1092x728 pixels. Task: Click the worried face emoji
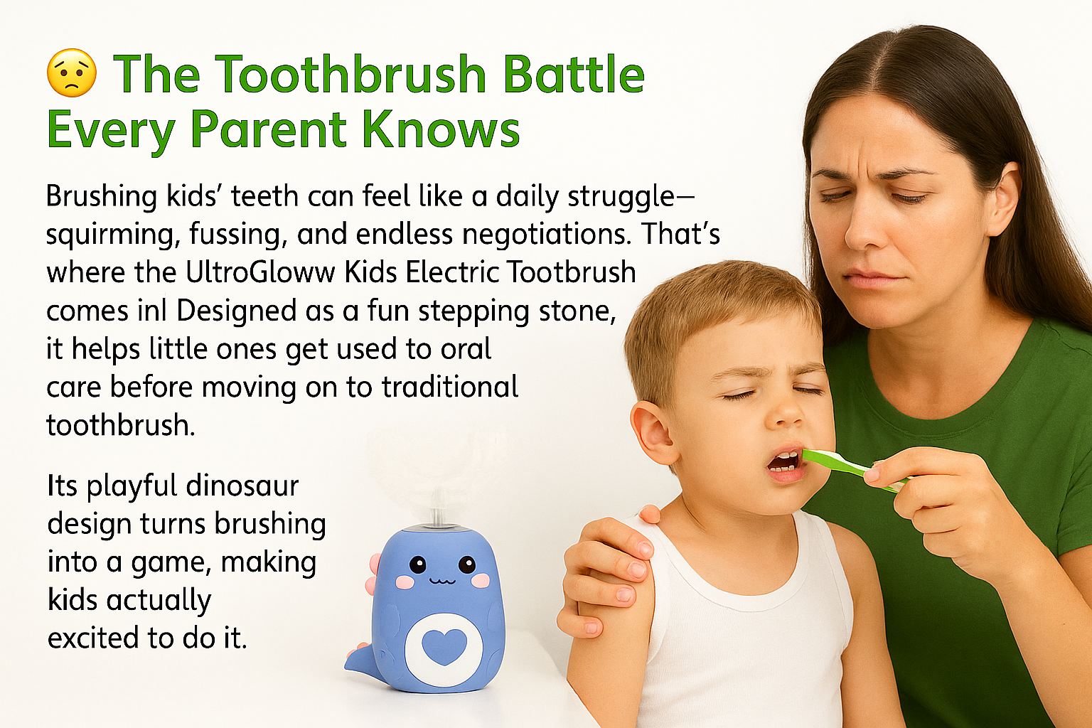[72, 73]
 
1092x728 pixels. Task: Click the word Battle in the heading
[574, 74]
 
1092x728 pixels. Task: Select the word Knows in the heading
[441, 129]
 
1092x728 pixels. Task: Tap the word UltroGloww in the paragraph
[261, 272]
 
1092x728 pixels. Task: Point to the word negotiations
[544, 234]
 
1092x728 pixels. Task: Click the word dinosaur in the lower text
[242, 486]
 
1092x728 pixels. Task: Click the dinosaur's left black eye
[417, 564]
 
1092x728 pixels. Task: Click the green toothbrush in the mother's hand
[854, 469]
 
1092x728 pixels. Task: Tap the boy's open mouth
[783, 464]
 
